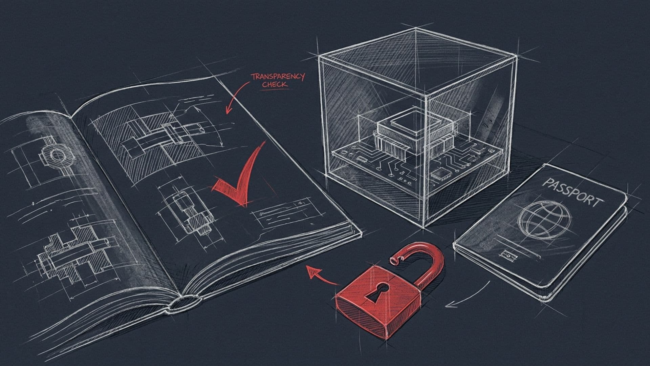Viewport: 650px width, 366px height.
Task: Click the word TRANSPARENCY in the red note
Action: pos(278,77)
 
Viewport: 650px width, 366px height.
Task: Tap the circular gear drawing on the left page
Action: pos(56,155)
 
